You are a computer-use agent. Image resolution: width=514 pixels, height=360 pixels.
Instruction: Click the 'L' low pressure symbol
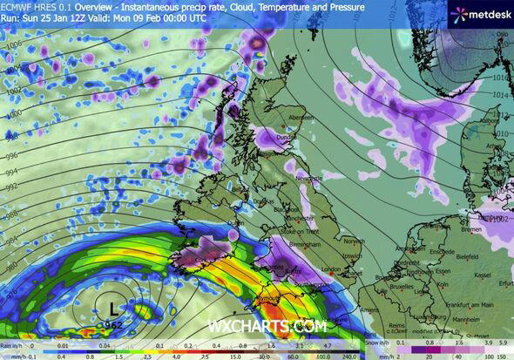click(114, 307)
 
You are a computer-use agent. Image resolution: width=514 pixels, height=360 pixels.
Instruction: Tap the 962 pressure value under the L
click(114, 324)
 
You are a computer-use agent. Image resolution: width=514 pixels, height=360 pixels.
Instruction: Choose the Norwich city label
click(354, 241)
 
